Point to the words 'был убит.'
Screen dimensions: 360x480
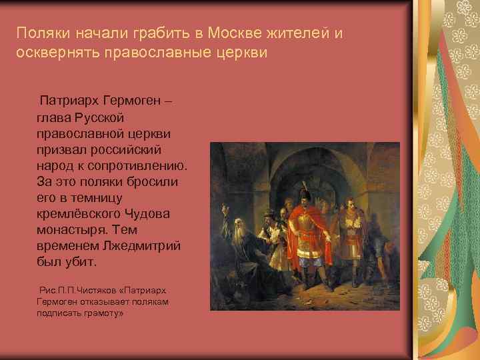(67, 261)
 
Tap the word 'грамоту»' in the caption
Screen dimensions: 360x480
(100, 313)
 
